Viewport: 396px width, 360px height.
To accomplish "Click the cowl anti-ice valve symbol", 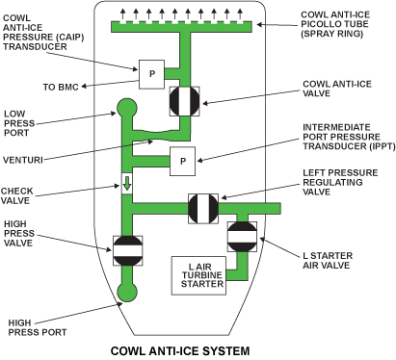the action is click(x=185, y=101).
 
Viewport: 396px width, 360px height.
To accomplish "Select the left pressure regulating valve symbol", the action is click(x=203, y=209).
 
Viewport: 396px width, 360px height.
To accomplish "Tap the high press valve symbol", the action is click(x=127, y=250).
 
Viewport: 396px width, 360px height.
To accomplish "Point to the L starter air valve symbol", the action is click(x=242, y=237).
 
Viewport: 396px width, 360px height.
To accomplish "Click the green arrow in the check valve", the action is click(x=127, y=184).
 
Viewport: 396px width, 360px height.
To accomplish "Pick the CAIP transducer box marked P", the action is click(x=151, y=74).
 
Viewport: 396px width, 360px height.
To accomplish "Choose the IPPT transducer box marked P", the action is click(x=182, y=161).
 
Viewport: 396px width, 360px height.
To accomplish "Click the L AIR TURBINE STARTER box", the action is click(x=198, y=275).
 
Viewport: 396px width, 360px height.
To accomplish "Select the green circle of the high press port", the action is click(x=127, y=292).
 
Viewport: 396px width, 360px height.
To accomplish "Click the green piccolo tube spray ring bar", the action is click(x=181, y=27).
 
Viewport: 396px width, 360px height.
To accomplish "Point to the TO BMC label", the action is click(x=61, y=87).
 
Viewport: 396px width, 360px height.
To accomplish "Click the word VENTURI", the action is click(x=23, y=160).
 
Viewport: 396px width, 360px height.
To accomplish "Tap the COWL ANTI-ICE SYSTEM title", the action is click(x=180, y=351).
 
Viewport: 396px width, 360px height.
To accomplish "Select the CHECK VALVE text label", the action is click(x=17, y=195).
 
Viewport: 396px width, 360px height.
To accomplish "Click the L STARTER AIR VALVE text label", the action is click(x=328, y=261).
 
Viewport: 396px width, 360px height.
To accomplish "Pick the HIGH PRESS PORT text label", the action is click(x=38, y=327).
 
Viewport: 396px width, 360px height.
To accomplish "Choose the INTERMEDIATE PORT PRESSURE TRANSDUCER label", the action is click(x=349, y=137).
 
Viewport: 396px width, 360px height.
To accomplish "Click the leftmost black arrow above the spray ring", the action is click(x=123, y=14).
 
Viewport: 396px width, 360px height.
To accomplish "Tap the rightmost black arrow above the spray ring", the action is click(x=240, y=14).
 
